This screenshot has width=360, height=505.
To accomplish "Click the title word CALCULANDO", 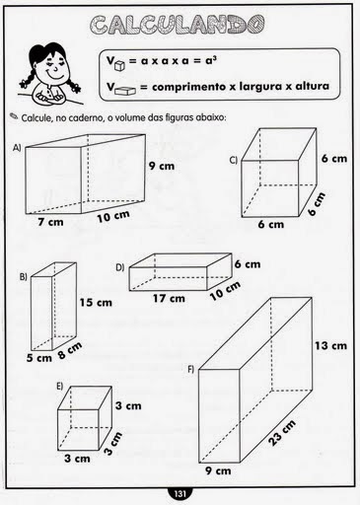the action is (178, 25).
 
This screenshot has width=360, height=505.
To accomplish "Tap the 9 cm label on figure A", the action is (162, 166).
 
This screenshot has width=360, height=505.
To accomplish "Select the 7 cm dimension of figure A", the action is (50, 222).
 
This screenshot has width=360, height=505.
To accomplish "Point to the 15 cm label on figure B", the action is (96, 302).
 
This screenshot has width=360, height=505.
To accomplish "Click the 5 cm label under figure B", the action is (39, 358).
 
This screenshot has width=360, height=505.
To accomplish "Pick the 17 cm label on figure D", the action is (169, 298).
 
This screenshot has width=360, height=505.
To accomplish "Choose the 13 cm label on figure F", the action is (330, 345).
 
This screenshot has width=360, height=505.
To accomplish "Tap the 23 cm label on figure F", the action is (282, 433).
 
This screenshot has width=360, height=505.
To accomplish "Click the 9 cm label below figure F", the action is (218, 470).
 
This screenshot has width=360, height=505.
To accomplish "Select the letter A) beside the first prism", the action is (17, 148).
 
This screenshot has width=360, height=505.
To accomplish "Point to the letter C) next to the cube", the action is (234, 160).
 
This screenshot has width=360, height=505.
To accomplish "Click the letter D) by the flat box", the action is (120, 267).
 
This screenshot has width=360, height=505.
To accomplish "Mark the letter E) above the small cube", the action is (60, 386).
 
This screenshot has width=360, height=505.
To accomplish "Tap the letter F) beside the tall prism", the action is (191, 370).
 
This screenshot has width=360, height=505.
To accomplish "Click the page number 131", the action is (180, 494).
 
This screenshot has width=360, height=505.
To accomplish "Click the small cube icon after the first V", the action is (119, 66).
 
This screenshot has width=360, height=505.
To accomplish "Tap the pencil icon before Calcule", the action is (14, 115).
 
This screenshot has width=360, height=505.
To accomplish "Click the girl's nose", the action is (55, 68).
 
